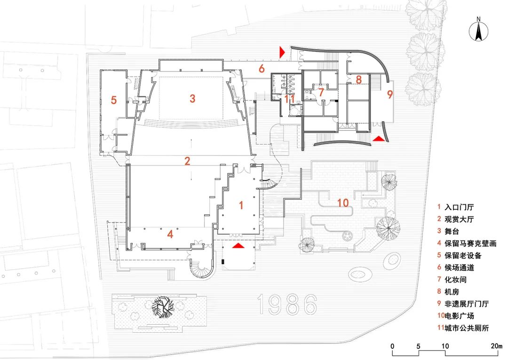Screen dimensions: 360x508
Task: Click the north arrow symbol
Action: coord(478,32)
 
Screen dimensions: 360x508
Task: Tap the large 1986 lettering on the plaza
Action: coord(287,305)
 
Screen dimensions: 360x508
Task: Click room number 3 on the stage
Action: coord(192,98)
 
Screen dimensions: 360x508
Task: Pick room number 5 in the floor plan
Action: coord(113,100)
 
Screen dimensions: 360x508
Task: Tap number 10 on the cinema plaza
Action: coord(342,203)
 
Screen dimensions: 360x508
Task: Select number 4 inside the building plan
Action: coord(170,234)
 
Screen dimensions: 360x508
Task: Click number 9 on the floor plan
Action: coord(389,94)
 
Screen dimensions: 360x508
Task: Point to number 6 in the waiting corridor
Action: coord(261,69)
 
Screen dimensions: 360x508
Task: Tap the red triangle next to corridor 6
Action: coord(282,52)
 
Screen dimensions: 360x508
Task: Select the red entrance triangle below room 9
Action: coord(378,139)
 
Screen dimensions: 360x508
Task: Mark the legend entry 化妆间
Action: coord(456,280)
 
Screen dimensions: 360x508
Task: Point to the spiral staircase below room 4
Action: coord(201,269)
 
